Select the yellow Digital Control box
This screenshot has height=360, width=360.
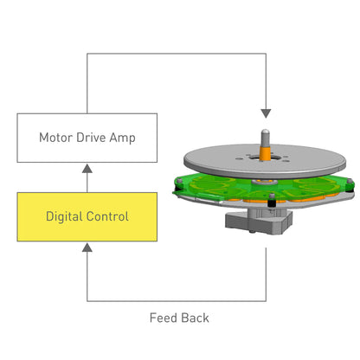click(x=86, y=216)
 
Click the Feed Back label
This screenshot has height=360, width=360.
click(x=179, y=318)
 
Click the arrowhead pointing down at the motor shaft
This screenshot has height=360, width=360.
click(x=266, y=113)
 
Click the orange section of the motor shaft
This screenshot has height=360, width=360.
click(x=265, y=151)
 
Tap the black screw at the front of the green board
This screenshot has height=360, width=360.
click(x=272, y=203)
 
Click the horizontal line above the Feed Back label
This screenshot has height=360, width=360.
click(x=173, y=300)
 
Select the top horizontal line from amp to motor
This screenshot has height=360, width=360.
click(x=173, y=55)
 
